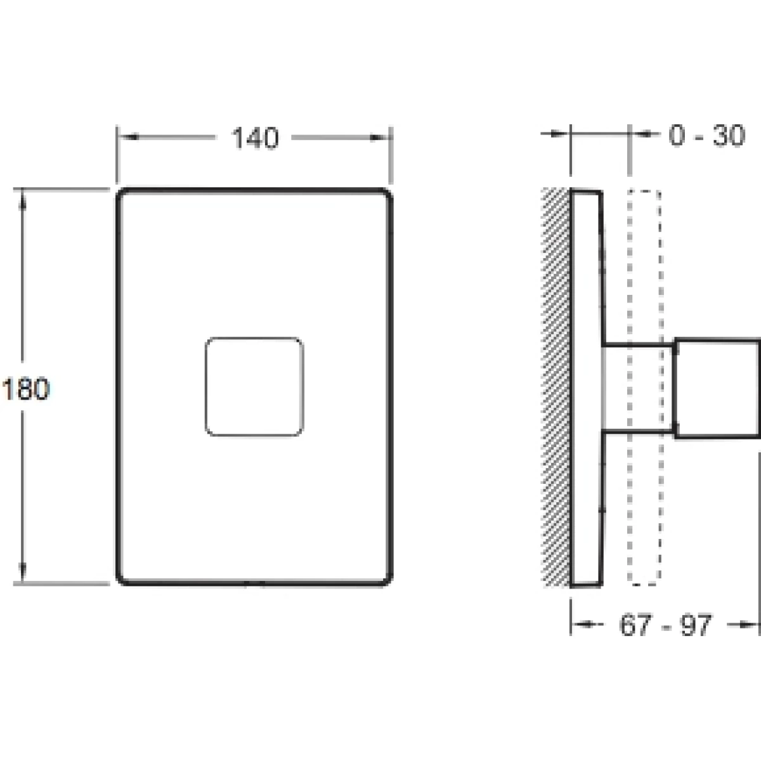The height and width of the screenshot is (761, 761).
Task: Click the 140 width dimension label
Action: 256,138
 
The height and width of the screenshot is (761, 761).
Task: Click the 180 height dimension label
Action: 26,389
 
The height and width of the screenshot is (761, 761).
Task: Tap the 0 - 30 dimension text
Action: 707,135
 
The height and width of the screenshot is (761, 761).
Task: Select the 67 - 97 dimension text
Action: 665,625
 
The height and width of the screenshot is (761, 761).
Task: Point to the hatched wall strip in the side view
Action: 556,387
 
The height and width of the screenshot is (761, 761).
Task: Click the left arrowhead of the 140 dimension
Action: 128,137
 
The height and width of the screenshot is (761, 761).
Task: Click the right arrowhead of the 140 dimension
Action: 379,138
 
